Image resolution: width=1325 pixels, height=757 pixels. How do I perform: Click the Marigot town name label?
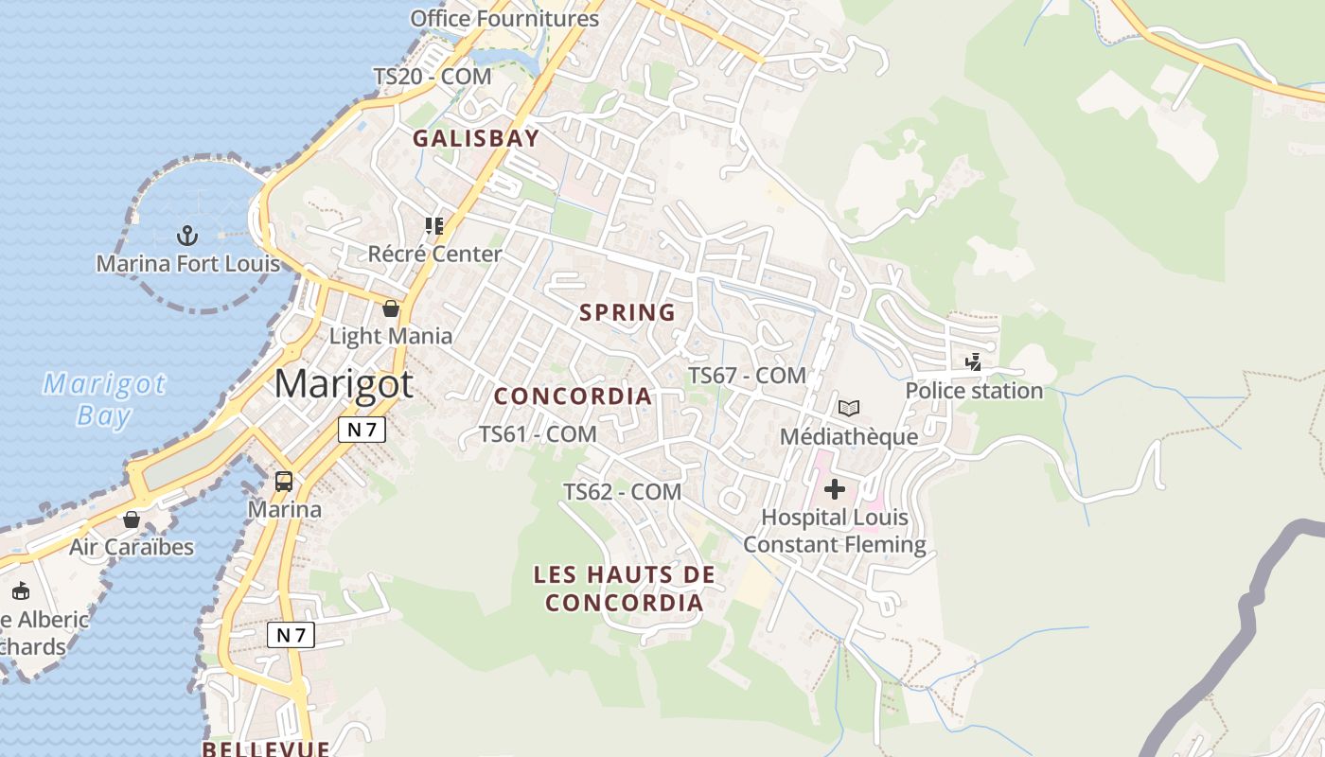344,384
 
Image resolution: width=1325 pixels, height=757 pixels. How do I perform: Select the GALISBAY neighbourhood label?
476,138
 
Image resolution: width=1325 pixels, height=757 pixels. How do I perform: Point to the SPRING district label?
627,312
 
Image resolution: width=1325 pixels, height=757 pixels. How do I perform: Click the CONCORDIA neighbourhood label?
574,396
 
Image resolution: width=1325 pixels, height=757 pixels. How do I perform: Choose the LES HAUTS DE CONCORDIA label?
625,588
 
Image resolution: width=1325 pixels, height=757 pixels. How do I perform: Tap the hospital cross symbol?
835,489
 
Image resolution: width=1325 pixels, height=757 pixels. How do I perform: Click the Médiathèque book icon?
849,408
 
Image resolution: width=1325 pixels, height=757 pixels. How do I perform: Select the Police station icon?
973,361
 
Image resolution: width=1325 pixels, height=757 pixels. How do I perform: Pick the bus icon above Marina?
284,481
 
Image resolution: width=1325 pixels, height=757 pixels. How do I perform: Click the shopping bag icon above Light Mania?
390,308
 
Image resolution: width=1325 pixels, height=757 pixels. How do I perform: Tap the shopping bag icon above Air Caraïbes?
132,519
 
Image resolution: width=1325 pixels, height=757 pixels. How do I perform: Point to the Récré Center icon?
434,226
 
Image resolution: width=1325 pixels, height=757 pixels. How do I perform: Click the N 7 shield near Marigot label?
362,430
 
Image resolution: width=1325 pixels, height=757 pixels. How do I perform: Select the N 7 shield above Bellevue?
291,635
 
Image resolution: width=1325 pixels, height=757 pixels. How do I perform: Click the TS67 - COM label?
747,376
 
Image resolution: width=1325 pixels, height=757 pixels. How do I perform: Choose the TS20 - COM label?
433,77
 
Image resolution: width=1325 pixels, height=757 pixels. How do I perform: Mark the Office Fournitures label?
504,18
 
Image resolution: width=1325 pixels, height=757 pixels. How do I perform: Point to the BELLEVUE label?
266,748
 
